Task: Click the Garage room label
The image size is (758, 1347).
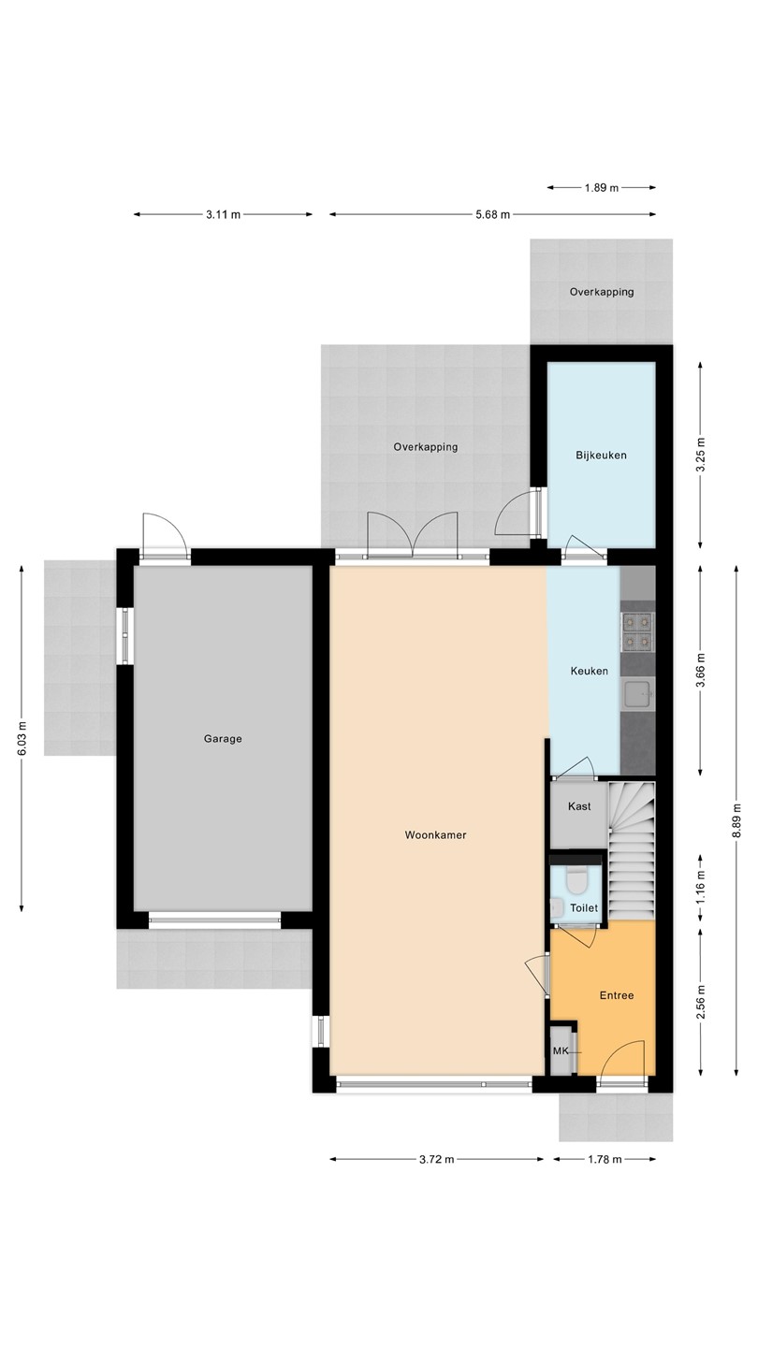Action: [223, 739]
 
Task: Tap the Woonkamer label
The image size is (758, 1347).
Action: [435, 835]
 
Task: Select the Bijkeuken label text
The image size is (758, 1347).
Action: [601, 456]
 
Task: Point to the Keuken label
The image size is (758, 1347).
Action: [589, 671]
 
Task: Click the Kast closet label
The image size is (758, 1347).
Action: [579, 806]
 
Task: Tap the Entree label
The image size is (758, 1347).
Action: [617, 995]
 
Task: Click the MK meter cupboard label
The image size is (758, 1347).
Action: [561, 1051]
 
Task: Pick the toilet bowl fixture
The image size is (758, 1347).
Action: [577, 880]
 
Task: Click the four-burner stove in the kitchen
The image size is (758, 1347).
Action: [637, 631]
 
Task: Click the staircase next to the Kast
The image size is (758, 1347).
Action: [631, 850]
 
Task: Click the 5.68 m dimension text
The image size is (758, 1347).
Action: [492, 215]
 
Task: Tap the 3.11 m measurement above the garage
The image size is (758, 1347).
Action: [223, 215]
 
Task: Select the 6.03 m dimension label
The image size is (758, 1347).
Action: [22, 738]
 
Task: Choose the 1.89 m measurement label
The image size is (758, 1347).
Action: [602, 188]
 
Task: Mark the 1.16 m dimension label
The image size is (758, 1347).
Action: [701, 887]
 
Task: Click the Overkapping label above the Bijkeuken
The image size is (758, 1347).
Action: [602, 292]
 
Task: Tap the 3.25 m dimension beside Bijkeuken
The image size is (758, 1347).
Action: [701, 456]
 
